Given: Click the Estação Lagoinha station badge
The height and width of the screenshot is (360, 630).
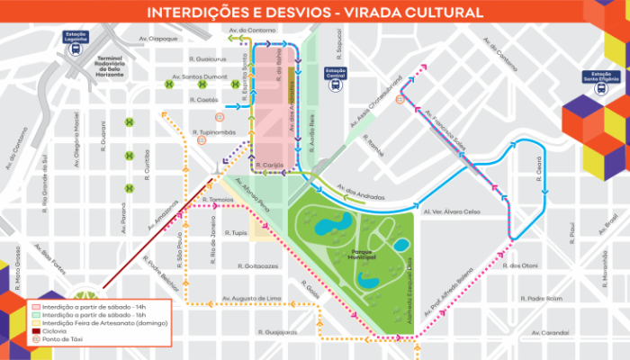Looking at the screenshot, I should [x=75, y=38].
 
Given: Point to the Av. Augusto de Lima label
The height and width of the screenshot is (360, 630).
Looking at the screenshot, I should [x=251, y=297].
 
